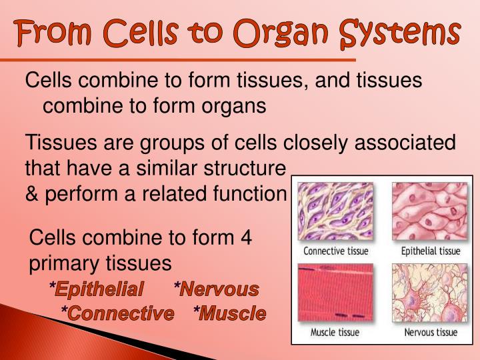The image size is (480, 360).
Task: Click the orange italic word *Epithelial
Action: [x=96, y=289]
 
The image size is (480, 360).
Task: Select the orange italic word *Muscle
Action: [x=229, y=313]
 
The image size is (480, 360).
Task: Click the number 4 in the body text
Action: [x=246, y=238]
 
